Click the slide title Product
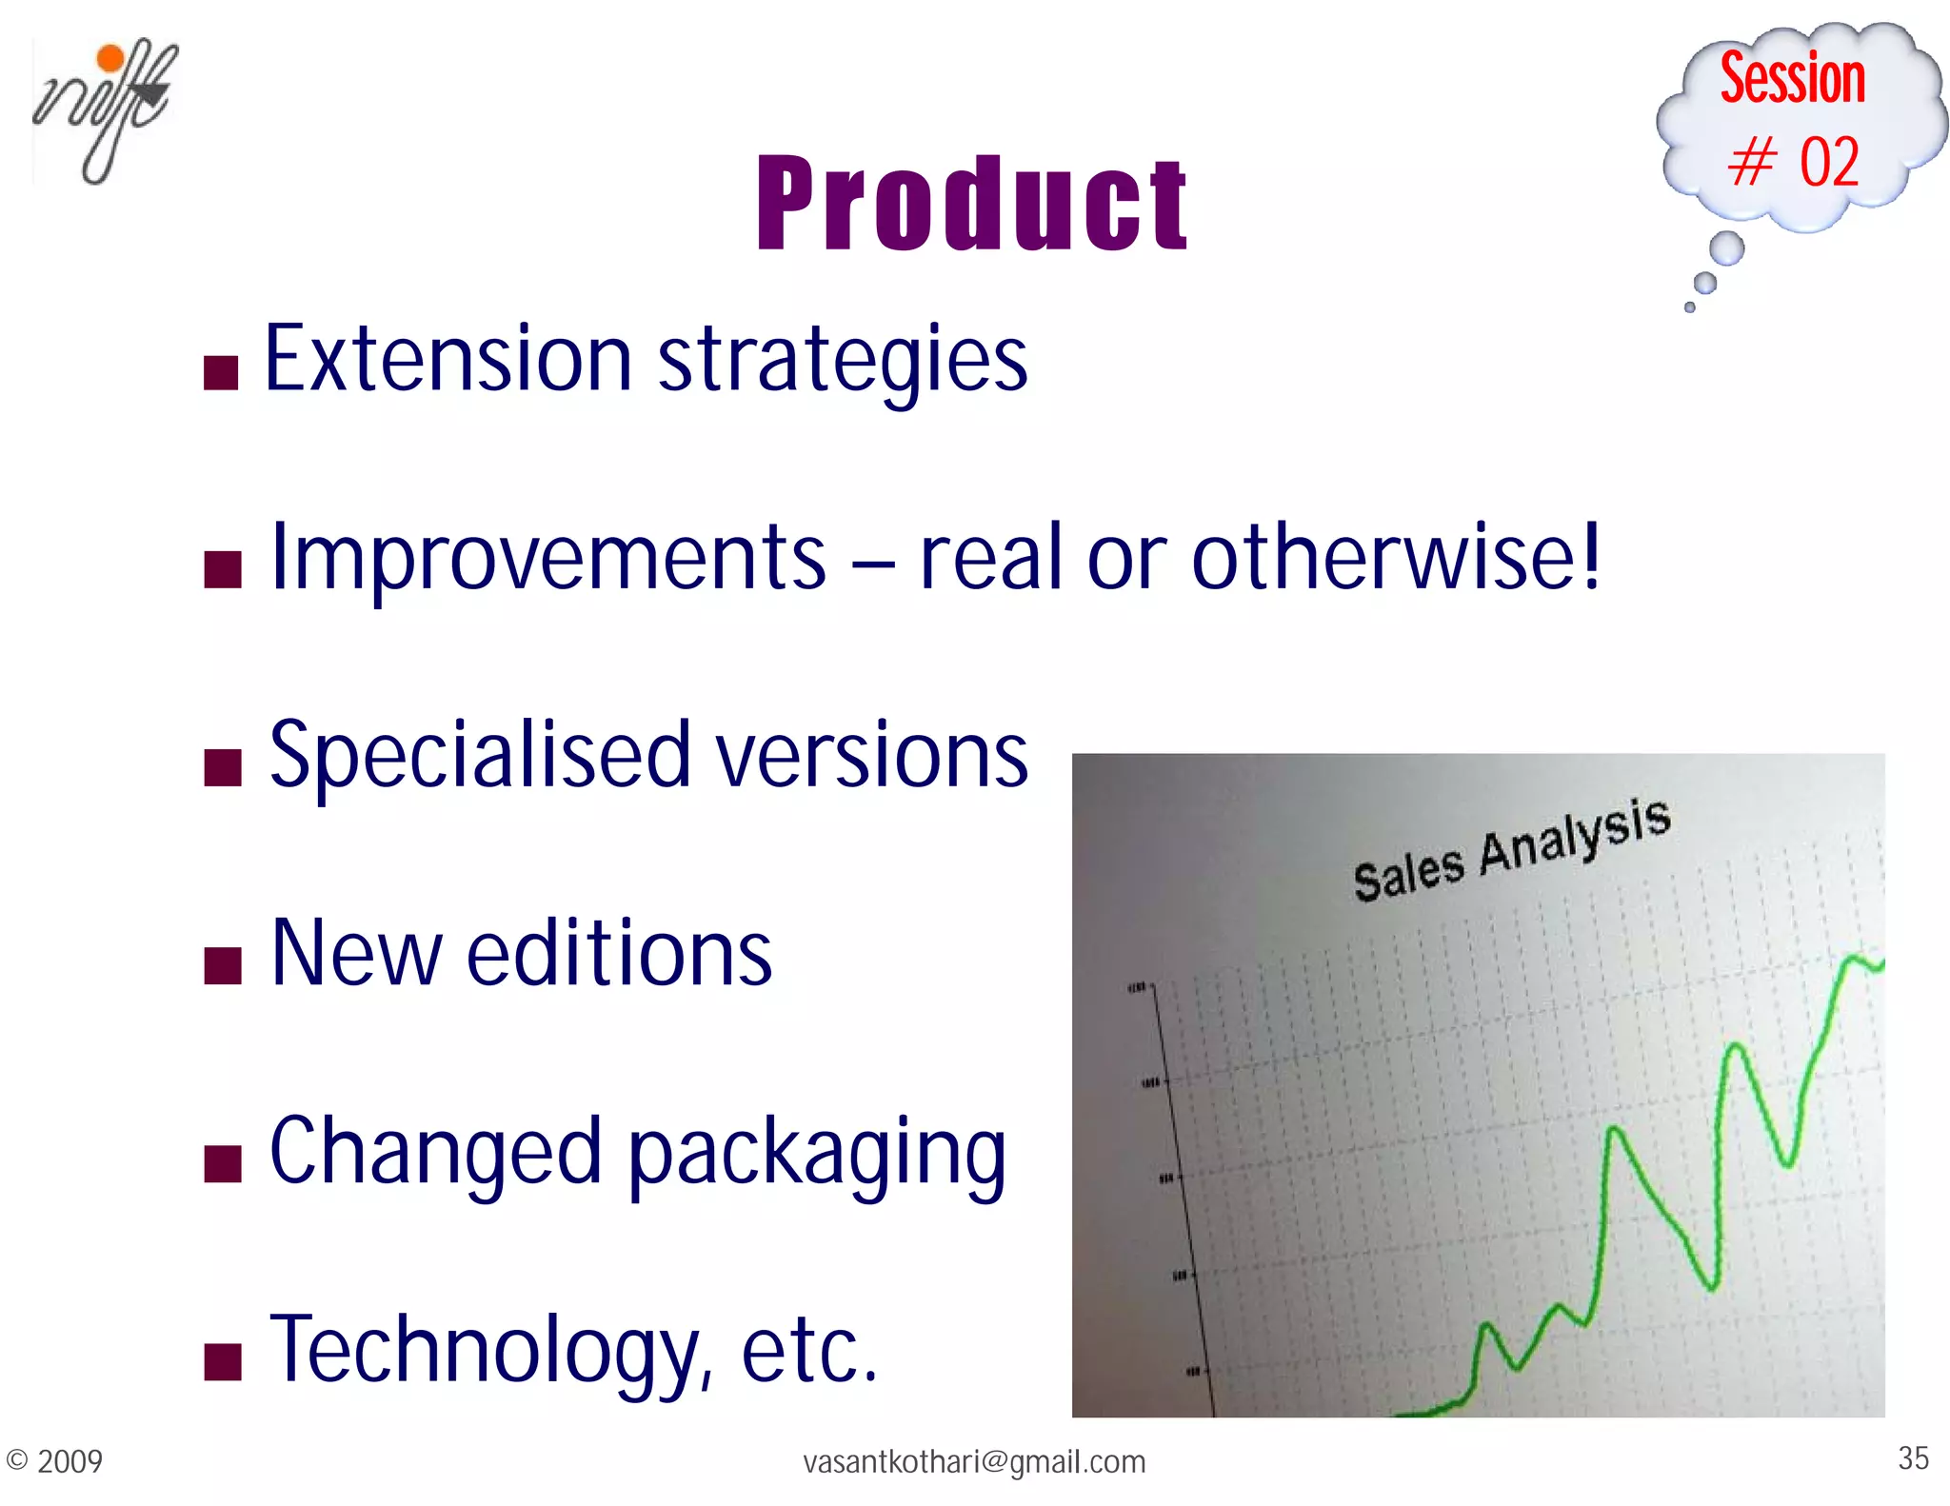(x=971, y=205)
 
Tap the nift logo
(x=104, y=109)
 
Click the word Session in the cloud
(x=1792, y=78)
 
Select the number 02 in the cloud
(x=1828, y=162)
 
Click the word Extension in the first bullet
(x=448, y=359)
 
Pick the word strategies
(x=843, y=362)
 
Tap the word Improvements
(x=548, y=559)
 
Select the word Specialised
(x=480, y=757)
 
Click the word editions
(x=619, y=954)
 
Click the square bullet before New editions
(x=223, y=965)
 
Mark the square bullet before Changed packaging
(x=223, y=1163)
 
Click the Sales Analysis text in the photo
(x=1511, y=849)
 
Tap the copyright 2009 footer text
(x=54, y=1460)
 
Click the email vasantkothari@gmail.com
(x=974, y=1461)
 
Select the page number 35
(x=1913, y=1457)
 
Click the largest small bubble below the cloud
(x=1726, y=248)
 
